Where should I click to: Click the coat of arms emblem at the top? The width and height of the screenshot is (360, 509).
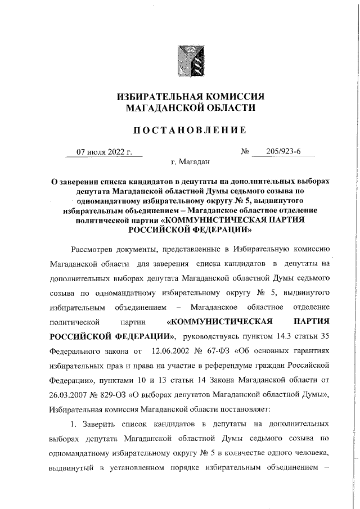190,62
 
